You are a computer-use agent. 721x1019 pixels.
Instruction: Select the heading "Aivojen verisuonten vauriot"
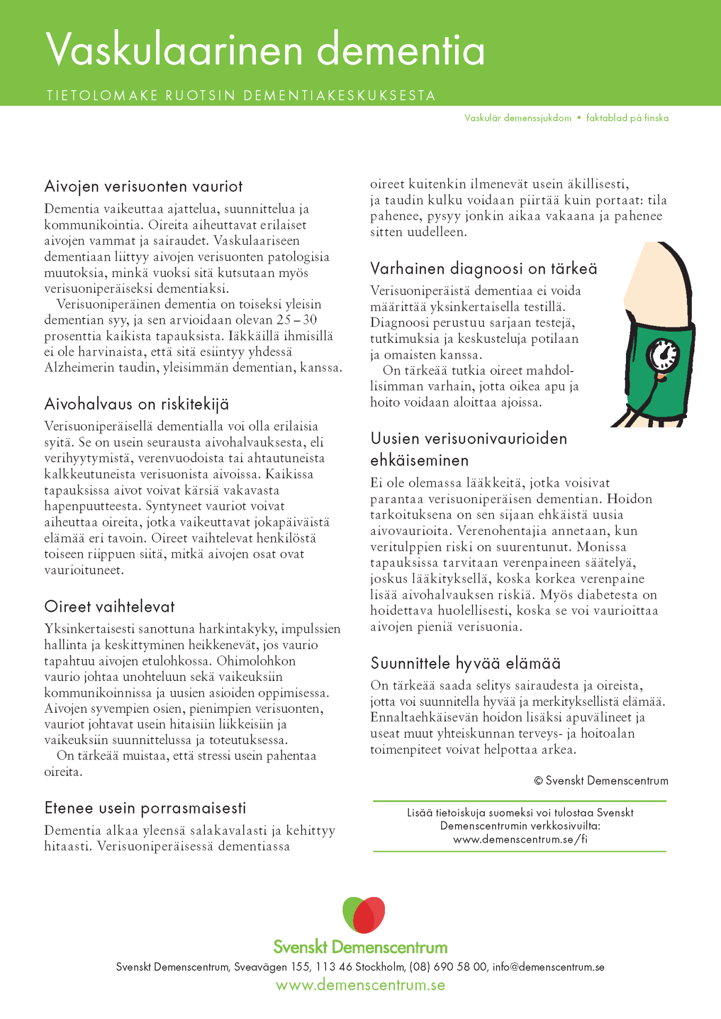tap(143, 187)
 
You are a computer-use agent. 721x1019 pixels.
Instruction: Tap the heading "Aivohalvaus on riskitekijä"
tap(136, 404)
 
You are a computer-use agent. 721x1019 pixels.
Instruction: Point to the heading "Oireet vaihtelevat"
tap(109, 607)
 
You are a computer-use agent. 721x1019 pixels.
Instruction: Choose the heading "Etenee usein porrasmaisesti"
tap(145, 808)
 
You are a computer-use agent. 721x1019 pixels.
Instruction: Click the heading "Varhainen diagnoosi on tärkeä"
tap(483, 269)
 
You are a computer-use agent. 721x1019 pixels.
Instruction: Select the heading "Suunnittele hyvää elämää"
tap(465, 663)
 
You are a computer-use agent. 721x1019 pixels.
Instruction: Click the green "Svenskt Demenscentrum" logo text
tap(360, 947)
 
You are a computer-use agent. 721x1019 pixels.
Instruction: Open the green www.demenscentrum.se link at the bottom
tap(360, 986)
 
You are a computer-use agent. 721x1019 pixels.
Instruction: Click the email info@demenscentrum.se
tap(548, 967)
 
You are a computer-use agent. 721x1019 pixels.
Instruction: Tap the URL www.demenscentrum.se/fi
tap(520, 839)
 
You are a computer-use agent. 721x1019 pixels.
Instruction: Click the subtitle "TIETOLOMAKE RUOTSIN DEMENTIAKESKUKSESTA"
tap(241, 96)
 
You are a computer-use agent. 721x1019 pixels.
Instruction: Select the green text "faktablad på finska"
tap(627, 118)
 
